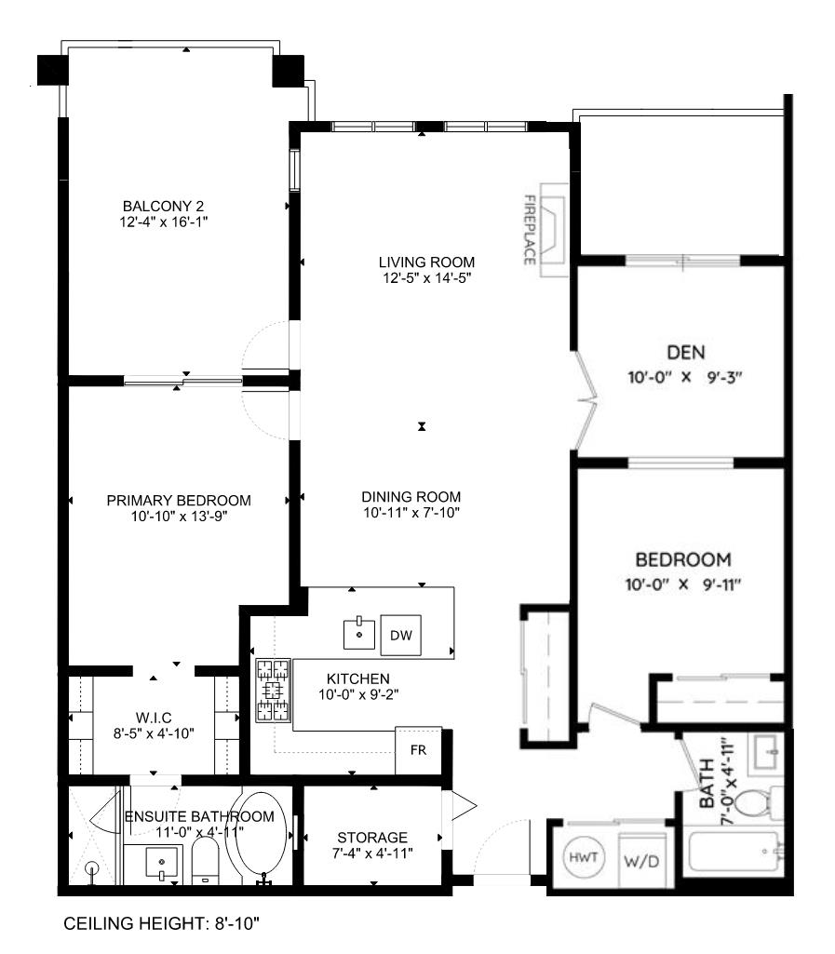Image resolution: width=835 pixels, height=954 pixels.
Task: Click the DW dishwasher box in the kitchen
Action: point(400,635)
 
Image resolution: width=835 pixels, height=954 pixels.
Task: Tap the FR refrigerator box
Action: point(418,750)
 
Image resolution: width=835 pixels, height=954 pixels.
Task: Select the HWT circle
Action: point(584,858)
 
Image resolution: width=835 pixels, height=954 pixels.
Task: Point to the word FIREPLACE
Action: point(530,229)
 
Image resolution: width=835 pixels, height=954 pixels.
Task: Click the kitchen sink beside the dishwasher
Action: point(359,634)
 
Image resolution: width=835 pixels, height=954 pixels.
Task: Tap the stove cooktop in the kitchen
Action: point(273,690)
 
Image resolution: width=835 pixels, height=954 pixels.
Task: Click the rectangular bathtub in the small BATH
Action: point(734,852)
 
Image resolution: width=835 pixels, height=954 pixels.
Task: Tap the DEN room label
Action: point(686,352)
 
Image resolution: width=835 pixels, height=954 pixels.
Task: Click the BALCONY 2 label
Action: point(163,207)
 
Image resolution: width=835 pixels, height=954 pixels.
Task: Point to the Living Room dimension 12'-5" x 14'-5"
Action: point(426,278)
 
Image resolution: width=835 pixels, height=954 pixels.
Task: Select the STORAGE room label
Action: point(372,837)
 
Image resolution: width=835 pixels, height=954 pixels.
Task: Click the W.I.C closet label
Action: point(154,718)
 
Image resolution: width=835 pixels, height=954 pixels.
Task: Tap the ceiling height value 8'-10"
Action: point(236,923)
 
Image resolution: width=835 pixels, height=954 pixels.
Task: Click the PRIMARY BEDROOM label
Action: point(179,500)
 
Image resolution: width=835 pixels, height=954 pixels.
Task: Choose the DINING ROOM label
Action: point(411,496)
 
